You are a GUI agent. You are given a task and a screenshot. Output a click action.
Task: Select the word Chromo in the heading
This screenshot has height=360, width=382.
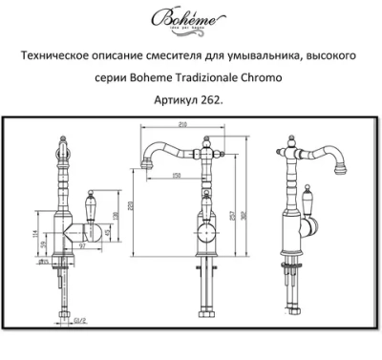tap(297, 77)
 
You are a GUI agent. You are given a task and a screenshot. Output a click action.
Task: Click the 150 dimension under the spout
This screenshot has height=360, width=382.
tap(178, 175)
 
